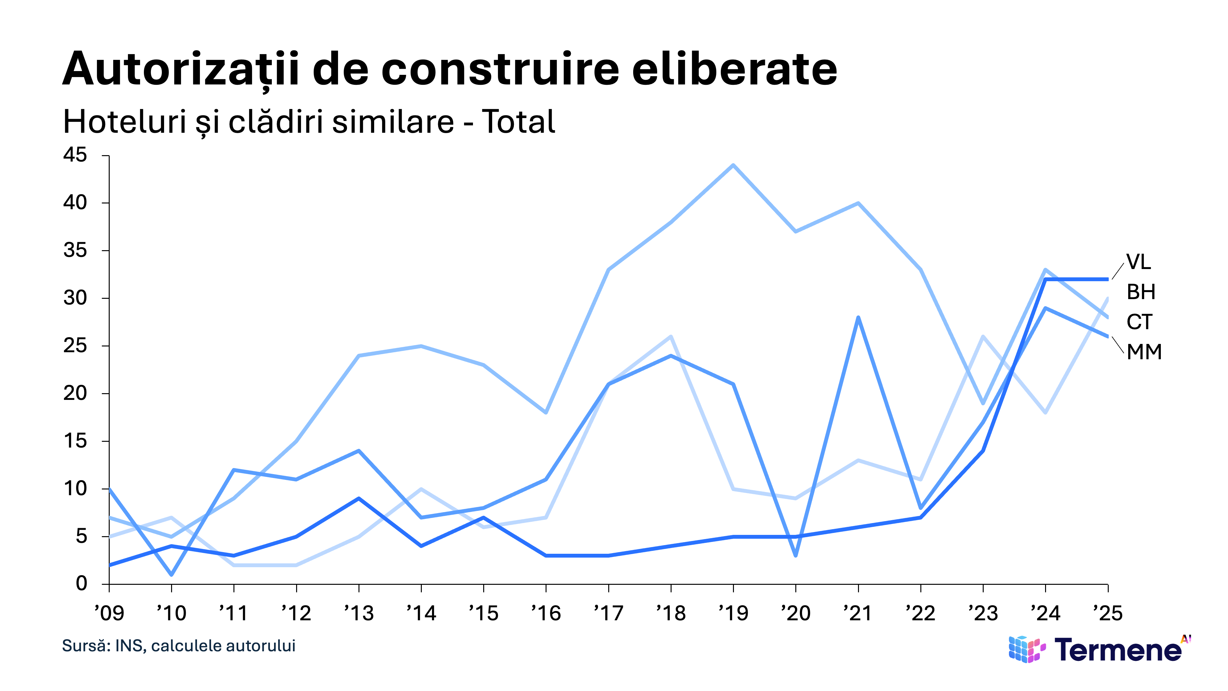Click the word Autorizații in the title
(181, 70)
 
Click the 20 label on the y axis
(75, 393)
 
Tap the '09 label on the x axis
(109, 613)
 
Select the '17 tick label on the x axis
(608, 613)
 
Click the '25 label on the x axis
(1108, 613)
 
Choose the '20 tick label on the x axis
(796, 613)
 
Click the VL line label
(1139, 262)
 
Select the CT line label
(1139, 322)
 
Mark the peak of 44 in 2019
(733, 165)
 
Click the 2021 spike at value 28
(858, 318)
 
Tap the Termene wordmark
(1118, 649)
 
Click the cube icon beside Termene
(1027, 649)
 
